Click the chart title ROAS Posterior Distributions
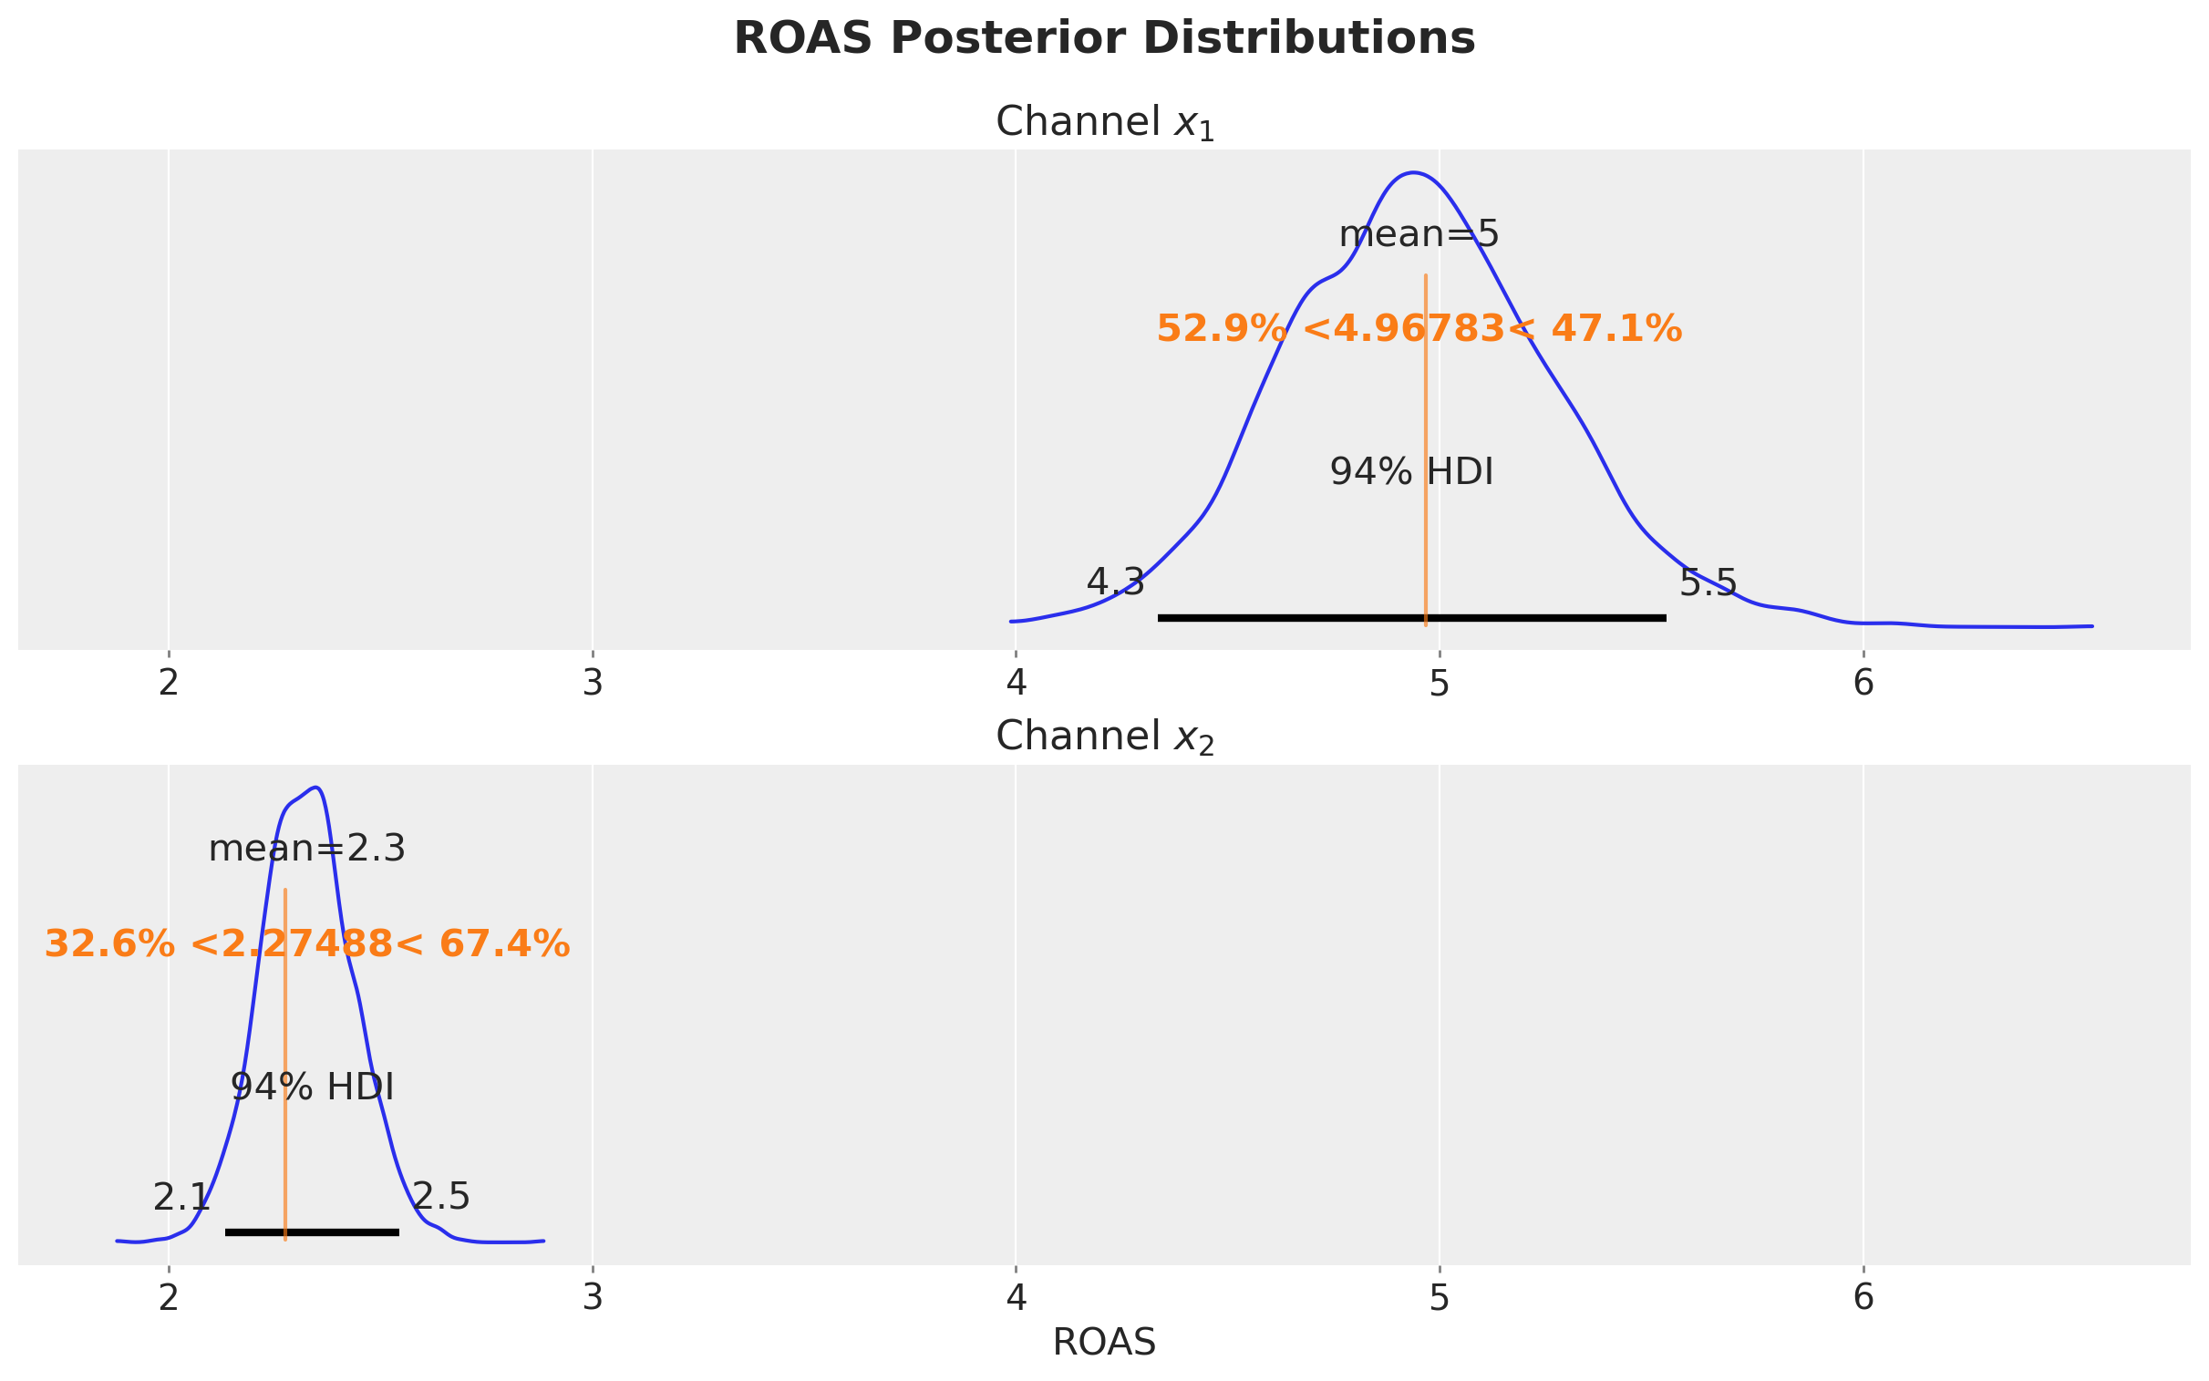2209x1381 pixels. (x=1104, y=39)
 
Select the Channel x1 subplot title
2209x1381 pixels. (x=1104, y=123)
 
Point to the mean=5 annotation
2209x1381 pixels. (x=1419, y=236)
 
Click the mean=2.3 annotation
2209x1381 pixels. (x=307, y=850)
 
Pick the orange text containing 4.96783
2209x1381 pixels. (x=1419, y=329)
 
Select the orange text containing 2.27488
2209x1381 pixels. (x=307, y=944)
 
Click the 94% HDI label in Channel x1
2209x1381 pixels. (x=1411, y=472)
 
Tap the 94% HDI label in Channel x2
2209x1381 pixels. (x=313, y=1087)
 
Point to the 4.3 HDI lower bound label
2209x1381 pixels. (x=1115, y=582)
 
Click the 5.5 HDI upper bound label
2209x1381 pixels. (x=1708, y=582)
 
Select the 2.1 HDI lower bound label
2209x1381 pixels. (x=181, y=1198)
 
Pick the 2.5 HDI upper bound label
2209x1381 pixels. (x=441, y=1197)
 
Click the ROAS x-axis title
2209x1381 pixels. (x=1104, y=1343)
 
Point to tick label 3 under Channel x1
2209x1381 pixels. (x=593, y=683)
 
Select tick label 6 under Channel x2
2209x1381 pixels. (x=1863, y=1298)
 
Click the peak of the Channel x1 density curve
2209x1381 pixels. (x=1413, y=172)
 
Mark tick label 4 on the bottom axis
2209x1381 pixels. (x=1016, y=1298)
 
